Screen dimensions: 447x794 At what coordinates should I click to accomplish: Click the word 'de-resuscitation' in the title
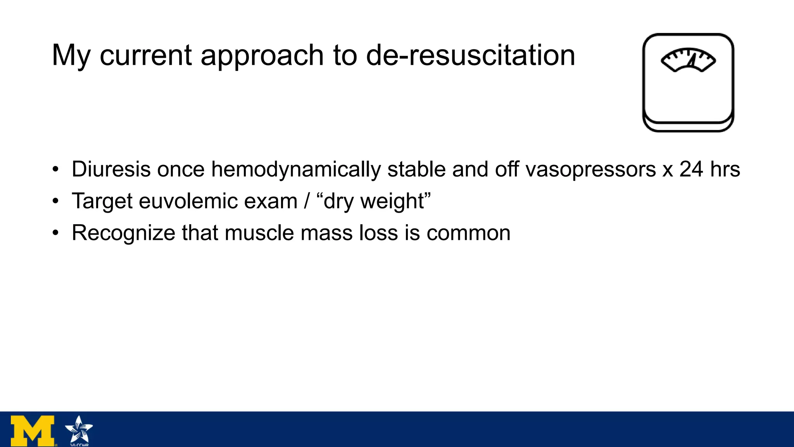[470, 55]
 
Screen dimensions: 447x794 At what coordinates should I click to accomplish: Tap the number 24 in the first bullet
[691, 170]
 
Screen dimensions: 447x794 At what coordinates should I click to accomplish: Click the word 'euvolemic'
[218, 201]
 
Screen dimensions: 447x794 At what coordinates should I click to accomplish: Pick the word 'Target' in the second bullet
[102, 202]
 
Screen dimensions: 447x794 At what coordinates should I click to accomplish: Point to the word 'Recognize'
[124, 234]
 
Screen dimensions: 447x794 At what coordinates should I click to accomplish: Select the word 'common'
[468, 234]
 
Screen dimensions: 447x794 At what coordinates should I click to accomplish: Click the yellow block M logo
[33, 430]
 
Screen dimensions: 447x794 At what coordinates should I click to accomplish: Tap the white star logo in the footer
[79, 430]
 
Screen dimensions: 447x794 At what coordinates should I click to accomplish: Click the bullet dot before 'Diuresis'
[56, 170]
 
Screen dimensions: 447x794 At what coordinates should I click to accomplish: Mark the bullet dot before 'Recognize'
[56, 233]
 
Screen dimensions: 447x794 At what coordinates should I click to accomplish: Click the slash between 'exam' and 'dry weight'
[307, 201]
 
